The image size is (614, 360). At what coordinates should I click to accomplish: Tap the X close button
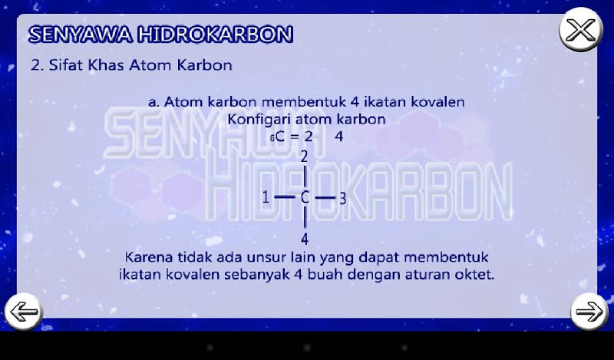pyautogui.click(x=581, y=30)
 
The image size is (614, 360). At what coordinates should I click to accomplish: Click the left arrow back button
pyautogui.click(x=24, y=312)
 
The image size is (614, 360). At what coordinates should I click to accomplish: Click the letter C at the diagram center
pyautogui.click(x=305, y=198)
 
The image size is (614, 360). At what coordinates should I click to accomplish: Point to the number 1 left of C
pyautogui.click(x=266, y=197)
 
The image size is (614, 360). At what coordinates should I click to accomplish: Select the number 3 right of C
pyautogui.click(x=342, y=199)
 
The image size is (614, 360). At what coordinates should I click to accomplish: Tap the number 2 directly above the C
pyautogui.click(x=305, y=157)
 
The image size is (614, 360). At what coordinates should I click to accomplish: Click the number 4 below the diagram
pyautogui.click(x=305, y=239)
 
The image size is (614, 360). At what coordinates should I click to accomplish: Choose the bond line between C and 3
pyautogui.click(x=325, y=198)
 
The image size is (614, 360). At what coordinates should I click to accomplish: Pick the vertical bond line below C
pyautogui.click(x=305, y=219)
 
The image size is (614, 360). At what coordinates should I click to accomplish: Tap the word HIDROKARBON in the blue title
pyautogui.click(x=216, y=35)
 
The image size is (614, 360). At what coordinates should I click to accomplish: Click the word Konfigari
pyautogui.click(x=259, y=120)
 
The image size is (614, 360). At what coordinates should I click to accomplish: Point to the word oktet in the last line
pyautogui.click(x=474, y=274)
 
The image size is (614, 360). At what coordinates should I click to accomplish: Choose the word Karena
pyautogui.click(x=149, y=257)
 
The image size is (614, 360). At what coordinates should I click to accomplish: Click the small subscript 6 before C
pyautogui.click(x=272, y=139)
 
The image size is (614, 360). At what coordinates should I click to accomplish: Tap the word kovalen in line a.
pyautogui.click(x=437, y=102)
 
